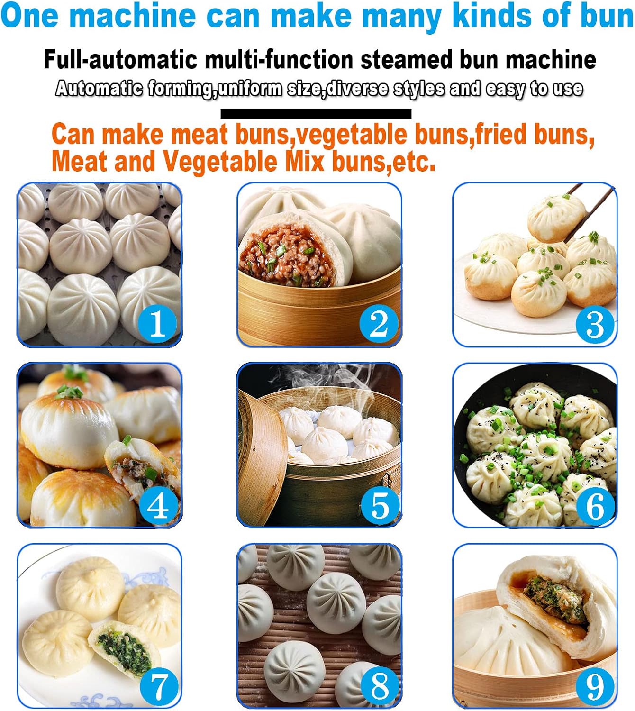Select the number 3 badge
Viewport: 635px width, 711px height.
click(594, 324)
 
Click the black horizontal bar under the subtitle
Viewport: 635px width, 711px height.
click(316, 114)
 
